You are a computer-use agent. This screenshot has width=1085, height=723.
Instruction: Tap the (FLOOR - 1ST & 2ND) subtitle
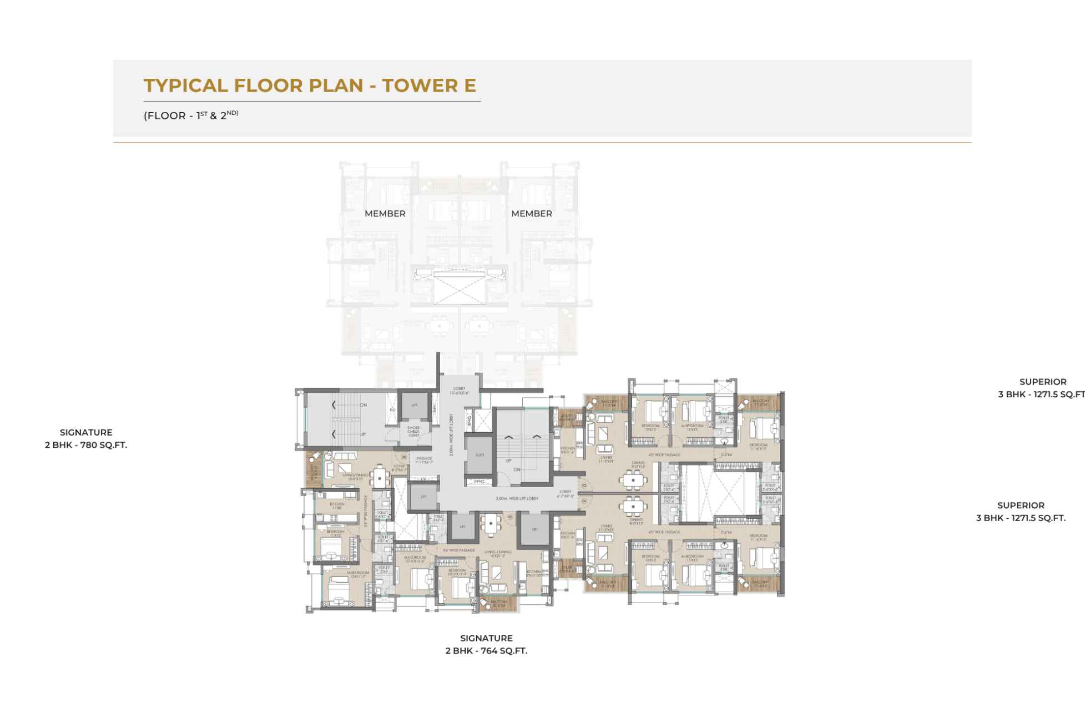coord(191,115)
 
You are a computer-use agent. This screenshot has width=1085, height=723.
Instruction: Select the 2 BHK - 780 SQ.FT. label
coord(86,444)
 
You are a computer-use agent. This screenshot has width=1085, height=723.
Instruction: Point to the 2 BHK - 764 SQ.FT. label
coord(486,650)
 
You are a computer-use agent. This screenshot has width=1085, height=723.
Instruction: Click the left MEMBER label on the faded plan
coord(385,214)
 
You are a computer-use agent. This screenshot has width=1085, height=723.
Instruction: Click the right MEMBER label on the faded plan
coord(531,214)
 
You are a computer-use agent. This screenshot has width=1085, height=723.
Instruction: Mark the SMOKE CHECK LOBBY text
coord(414,431)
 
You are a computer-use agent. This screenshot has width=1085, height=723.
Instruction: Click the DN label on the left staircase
coord(364,405)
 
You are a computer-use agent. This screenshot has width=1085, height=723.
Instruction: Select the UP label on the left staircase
coord(363,434)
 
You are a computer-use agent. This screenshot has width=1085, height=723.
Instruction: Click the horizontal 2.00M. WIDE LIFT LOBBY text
coord(517,498)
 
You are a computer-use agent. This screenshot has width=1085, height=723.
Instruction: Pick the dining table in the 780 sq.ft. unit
coord(380,476)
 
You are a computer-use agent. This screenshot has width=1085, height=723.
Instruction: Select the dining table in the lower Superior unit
coord(633,505)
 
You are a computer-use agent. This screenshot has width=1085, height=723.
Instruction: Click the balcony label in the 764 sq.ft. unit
coord(498,603)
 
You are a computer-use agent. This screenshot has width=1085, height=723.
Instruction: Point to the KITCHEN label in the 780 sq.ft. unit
coord(337,505)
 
